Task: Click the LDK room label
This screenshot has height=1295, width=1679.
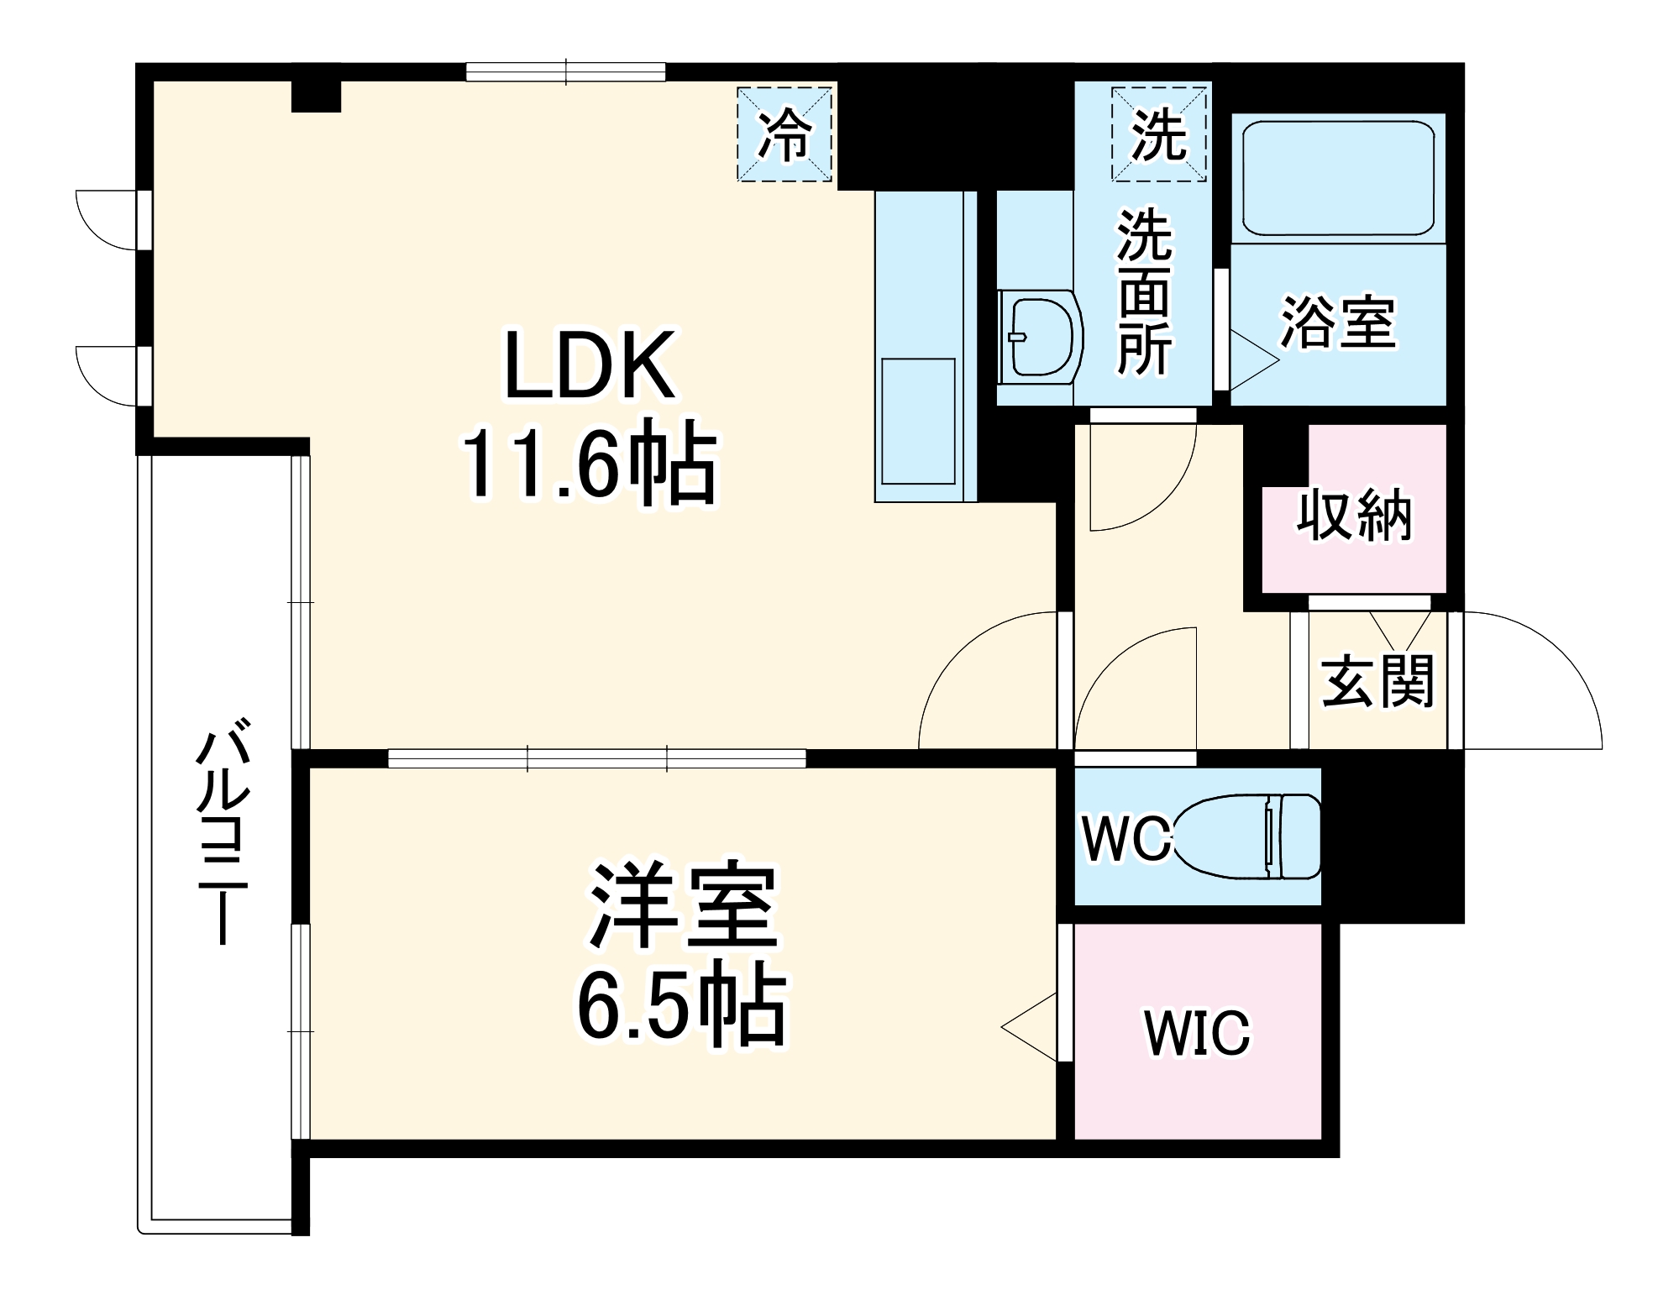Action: pos(590,366)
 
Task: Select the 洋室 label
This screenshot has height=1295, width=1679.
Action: pos(682,905)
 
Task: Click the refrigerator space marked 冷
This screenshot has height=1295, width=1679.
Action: pos(784,135)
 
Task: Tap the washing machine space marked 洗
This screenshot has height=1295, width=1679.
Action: pos(1158,135)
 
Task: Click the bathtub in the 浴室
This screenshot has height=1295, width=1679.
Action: pos(1337,178)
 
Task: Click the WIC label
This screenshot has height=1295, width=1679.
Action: pos(1197,1033)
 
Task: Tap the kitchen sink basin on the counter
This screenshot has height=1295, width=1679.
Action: pos(918,422)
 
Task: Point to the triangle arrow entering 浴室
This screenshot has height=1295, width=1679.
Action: pos(1251,360)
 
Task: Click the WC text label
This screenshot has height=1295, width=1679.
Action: pos(1125,838)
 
